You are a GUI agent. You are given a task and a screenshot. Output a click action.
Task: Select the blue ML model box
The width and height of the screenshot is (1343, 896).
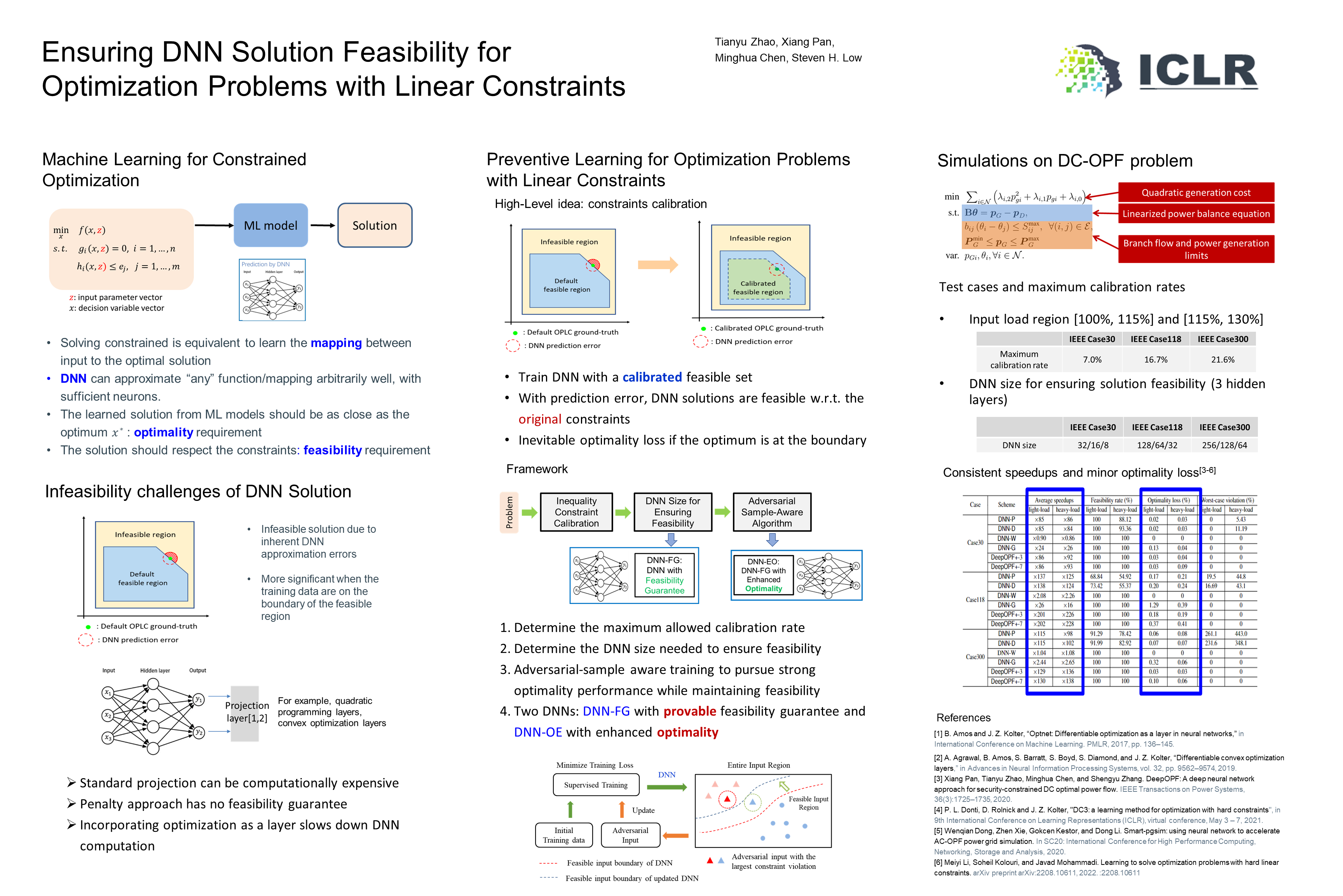click(270, 226)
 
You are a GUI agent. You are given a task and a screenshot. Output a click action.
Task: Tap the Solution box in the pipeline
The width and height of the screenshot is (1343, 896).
click(375, 226)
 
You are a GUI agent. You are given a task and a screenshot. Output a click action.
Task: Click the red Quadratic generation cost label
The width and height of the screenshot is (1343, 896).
click(1196, 192)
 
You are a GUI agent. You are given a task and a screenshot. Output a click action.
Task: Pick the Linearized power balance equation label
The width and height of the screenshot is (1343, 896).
click(1196, 214)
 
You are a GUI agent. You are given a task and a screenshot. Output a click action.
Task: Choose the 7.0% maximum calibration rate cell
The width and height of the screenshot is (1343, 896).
click(1092, 359)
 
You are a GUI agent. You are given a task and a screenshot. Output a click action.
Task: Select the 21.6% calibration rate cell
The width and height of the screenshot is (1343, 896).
click(1223, 359)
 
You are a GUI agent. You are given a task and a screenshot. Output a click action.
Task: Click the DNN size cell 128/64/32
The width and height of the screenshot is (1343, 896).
click(1157, 445)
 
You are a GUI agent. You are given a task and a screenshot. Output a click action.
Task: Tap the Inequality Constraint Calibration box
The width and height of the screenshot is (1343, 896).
click(576, 512)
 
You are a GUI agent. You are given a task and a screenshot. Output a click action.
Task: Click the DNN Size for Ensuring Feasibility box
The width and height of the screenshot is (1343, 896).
click(673, 512)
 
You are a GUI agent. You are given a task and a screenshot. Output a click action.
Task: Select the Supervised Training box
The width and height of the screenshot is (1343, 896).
click(596, 784)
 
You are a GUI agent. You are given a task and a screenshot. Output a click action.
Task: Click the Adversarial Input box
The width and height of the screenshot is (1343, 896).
click(630, 835)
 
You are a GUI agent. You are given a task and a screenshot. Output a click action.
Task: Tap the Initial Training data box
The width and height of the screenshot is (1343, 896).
click(563, 835)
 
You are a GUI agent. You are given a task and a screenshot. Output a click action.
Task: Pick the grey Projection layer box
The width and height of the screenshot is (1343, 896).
click(246, 713)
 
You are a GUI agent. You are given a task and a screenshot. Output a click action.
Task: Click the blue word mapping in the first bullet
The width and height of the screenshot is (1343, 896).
click(336, 343)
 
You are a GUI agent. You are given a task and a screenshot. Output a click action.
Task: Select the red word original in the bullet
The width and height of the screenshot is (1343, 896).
click(540, 420)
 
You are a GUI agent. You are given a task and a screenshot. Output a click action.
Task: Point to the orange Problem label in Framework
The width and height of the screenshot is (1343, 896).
click(509, 512)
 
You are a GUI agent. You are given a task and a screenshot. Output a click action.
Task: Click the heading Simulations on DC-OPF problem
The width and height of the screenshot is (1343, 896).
click(1064, 161)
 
